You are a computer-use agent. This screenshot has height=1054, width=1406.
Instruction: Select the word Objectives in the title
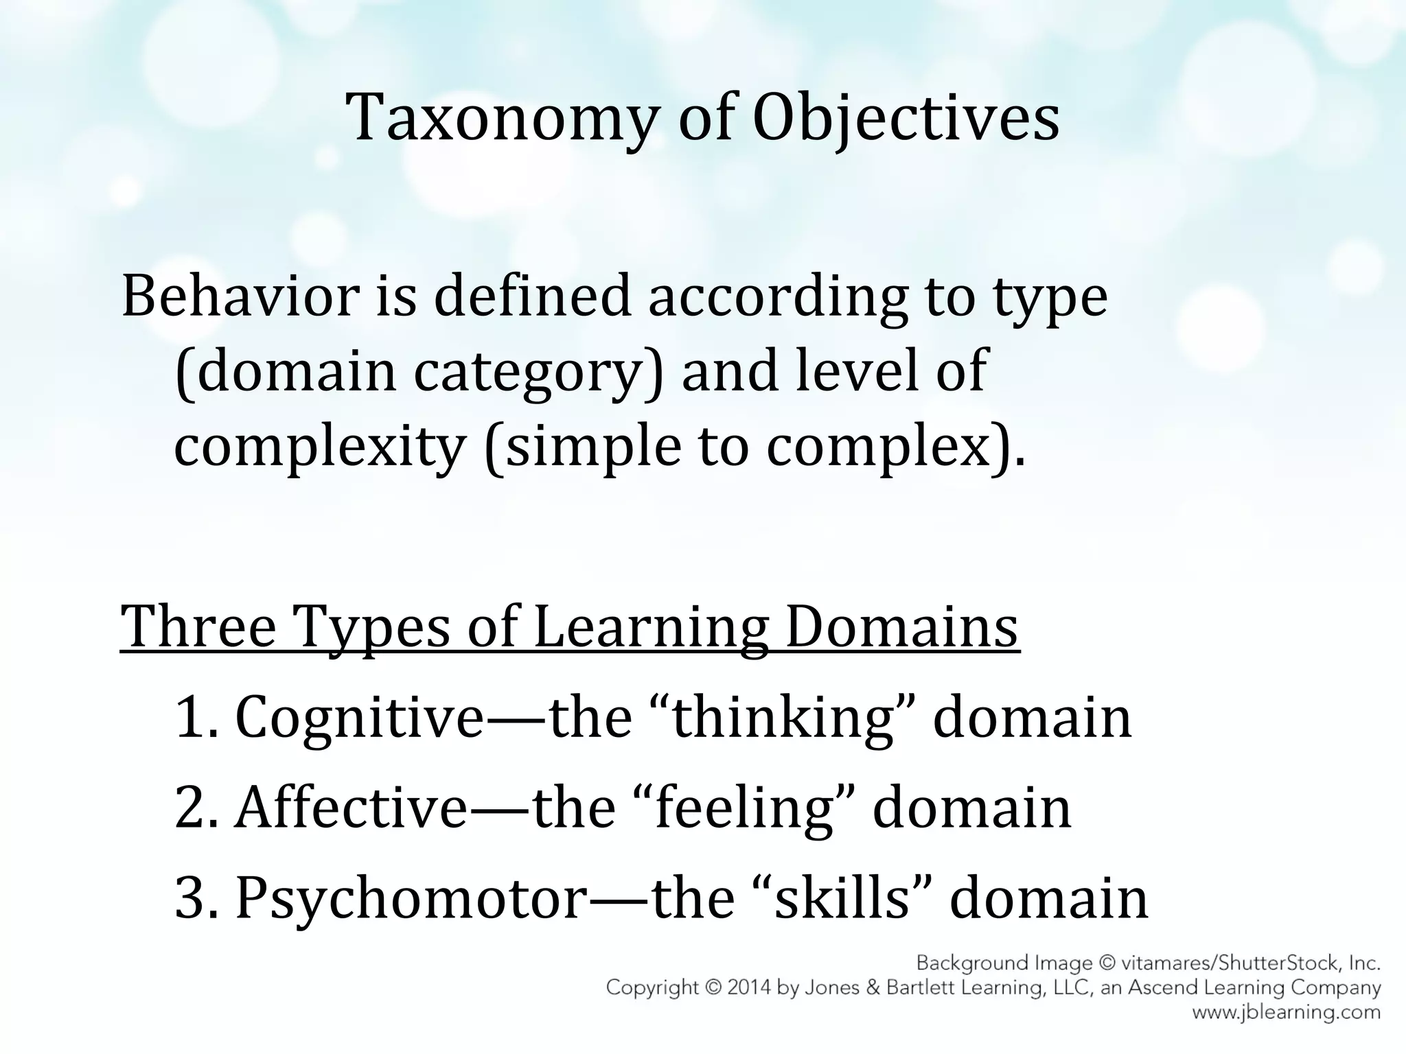pyautogui.click(x=906, y=118)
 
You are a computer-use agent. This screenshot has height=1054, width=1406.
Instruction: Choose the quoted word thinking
pyautogui.click(x=783, y=718)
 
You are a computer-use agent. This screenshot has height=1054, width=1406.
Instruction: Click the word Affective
pyautogui.click(x=351, y=808)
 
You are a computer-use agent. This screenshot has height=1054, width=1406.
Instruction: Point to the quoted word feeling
pyautogui.click(x=743, y=808)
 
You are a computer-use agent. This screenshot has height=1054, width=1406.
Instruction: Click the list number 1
pyautogui.click(x=192, y=718)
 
